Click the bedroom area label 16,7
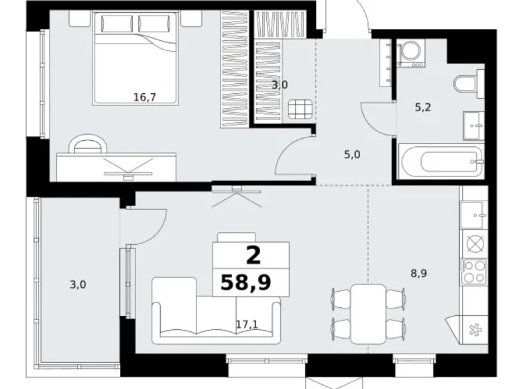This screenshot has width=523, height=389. pos(144,97)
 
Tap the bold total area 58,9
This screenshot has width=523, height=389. pos(246,282)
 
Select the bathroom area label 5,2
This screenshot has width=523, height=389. pos(423,107)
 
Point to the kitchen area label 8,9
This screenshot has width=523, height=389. pos(418,274)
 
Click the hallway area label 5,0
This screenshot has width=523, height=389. pos(352,155)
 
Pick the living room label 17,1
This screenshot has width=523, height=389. pos(247,324)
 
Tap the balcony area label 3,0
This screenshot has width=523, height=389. pos(78,284)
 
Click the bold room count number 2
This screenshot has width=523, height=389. pos(253,256)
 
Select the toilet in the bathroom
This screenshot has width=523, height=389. pos(469,83)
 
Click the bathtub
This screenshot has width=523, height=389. pos(442,162)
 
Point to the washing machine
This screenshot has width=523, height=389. pos(410,53)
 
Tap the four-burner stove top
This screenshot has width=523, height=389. pos(473,272)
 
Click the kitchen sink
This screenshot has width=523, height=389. pos(472,215)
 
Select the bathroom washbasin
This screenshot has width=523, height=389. pos(473,126)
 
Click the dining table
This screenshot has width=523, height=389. pos(369,314)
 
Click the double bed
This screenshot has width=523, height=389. pos(135,58)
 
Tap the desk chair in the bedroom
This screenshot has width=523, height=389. pos(88,144)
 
